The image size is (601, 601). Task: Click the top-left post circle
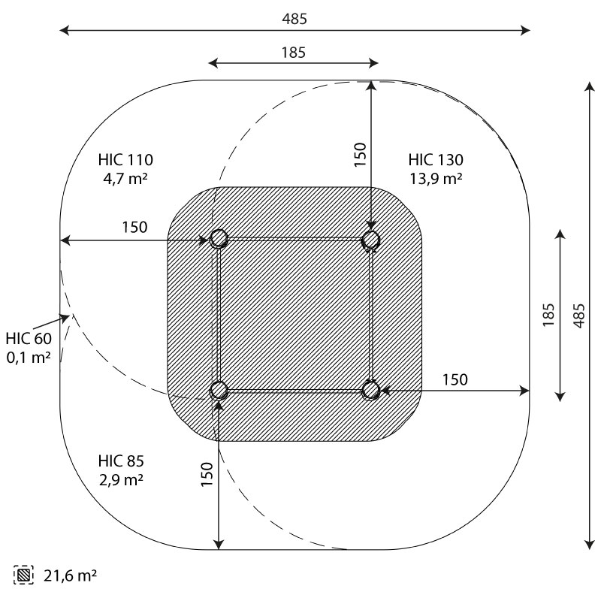click(219, 238)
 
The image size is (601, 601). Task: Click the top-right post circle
click(371, 240)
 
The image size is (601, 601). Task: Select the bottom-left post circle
click(219, 391)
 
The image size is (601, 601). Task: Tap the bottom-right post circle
click(371, 391)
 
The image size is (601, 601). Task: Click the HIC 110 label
click(125, 160)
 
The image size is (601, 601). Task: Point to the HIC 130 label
click(436, 160)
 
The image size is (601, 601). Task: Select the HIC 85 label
click(121, 461)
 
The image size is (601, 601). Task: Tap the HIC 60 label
click(29, 339)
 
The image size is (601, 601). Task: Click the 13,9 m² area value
click(436, 179)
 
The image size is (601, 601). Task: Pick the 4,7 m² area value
click(125, 179)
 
